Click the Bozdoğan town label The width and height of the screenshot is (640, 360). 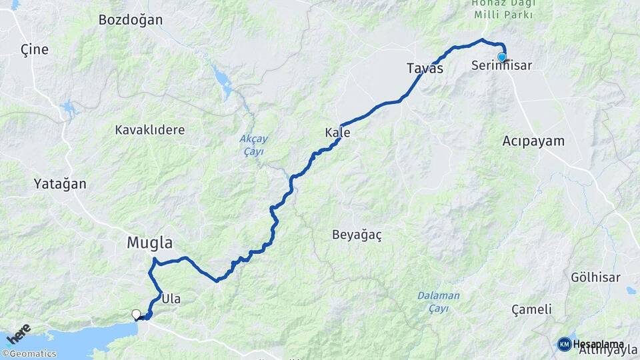pyautogui.click(x=131, y=20)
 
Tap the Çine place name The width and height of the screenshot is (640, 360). pyautogui.click(x=35, y=50)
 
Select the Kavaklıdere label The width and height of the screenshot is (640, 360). pyautogui.click(x=149, y=129)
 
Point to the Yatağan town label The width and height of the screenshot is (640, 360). pyautogui.click(x=60, y=184)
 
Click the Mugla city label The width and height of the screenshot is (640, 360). pyautogui.click(x=150, y=243)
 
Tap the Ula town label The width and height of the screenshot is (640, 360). pyautogui.click(x=171, y=299)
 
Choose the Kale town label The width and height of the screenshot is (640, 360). pyautogui.click(x=337, y=133)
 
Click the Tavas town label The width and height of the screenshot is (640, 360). pyautogui.click(x=425, y=68)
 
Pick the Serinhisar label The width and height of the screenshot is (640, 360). pyautogui.click(x=501, y=66)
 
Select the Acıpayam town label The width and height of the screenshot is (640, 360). pyautogui.click(x=533, y=141)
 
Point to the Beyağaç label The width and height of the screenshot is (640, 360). pyautogui.click(x=357, y=235)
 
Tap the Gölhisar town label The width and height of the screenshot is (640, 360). pyautogui.click(x=595, y=277)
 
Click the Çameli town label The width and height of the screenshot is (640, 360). pyautogui.click(x=531, y=309)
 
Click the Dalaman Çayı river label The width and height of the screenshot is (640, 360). pyautogui.click(x=439, y=302)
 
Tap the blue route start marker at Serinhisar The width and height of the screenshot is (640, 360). pyautogui.click(x=502, y=57)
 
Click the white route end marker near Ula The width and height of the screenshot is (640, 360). pyautogui.click(x=136, y=314)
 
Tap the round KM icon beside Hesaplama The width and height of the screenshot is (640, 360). pyautogui.click(x=565, y=344)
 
